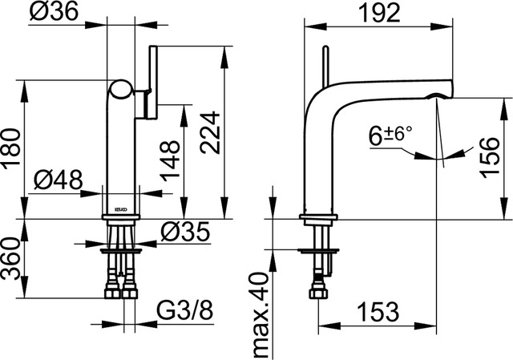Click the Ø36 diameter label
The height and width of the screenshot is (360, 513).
coord(55,10)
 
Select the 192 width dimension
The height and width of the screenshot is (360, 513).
coord(379,14)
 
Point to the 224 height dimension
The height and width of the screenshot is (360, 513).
coord(210,132)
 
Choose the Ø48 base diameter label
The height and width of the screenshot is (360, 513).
coord(59,180)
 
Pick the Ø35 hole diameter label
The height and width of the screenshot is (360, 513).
coord(185,232)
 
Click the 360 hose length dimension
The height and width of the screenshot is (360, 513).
coord(10,259)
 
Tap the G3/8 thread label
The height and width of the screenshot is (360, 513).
coord(185,310)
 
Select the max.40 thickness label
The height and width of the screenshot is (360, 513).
coord(261,315)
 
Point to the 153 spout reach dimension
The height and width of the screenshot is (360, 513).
coord(379,312)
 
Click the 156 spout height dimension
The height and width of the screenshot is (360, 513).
coord(491,158)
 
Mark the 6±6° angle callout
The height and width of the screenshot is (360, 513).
coord(390,136)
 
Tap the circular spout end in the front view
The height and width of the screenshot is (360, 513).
coord(121,89)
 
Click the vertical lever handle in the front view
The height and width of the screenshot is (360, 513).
coord(154,82)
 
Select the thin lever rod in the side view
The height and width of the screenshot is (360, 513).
coord(326,67)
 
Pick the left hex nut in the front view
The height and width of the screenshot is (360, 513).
coord(112,293)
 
